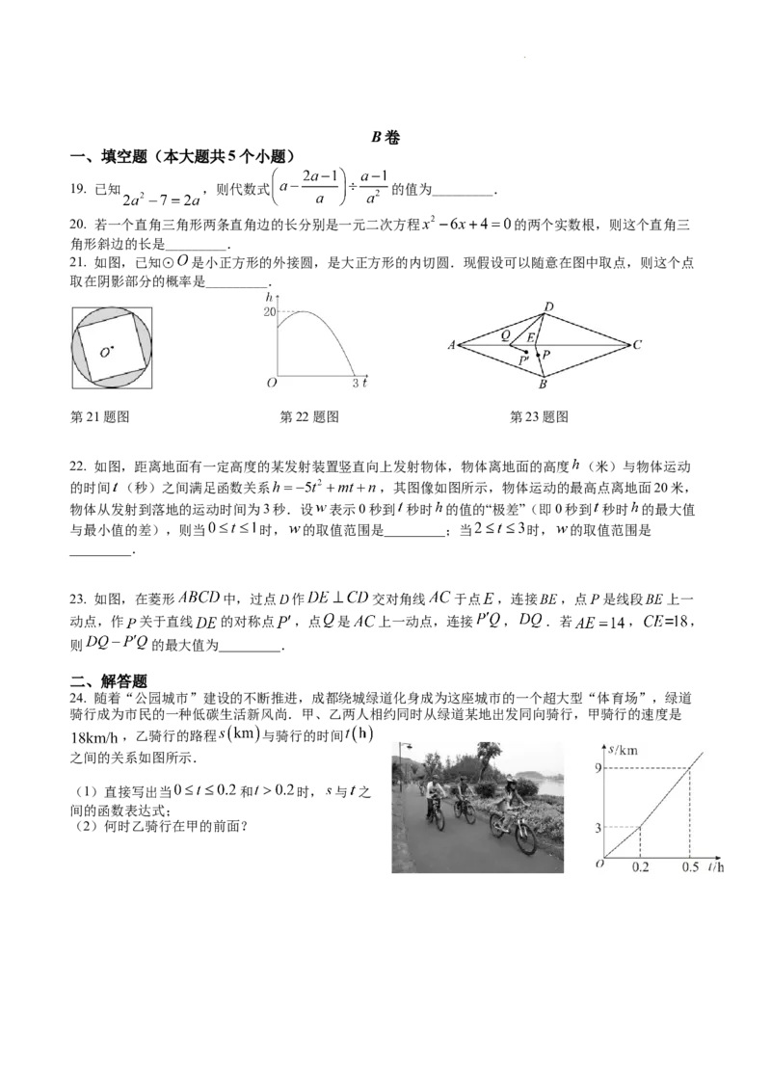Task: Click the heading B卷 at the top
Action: click(385, 137)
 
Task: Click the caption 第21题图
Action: click(100, 416)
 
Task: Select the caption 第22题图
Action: click(309, 416)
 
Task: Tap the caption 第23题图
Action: click(540, 416)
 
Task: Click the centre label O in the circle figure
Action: click(104, 353)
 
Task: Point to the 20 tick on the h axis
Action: click(269, 311)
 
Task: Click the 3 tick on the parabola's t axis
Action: click(355, 383)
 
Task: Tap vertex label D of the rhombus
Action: click(548, 306)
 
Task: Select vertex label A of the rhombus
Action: click(452, 344)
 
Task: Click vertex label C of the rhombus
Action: click(637, 344)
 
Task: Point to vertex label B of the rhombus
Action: click(543, 385)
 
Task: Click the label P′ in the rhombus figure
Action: click(524, 361)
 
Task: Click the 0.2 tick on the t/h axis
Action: click(640, 867)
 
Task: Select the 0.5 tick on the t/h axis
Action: click(690, 867)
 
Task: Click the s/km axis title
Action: click(623, 750)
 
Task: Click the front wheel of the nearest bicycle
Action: click(525, 838)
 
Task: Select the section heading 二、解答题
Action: click(109, 681)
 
